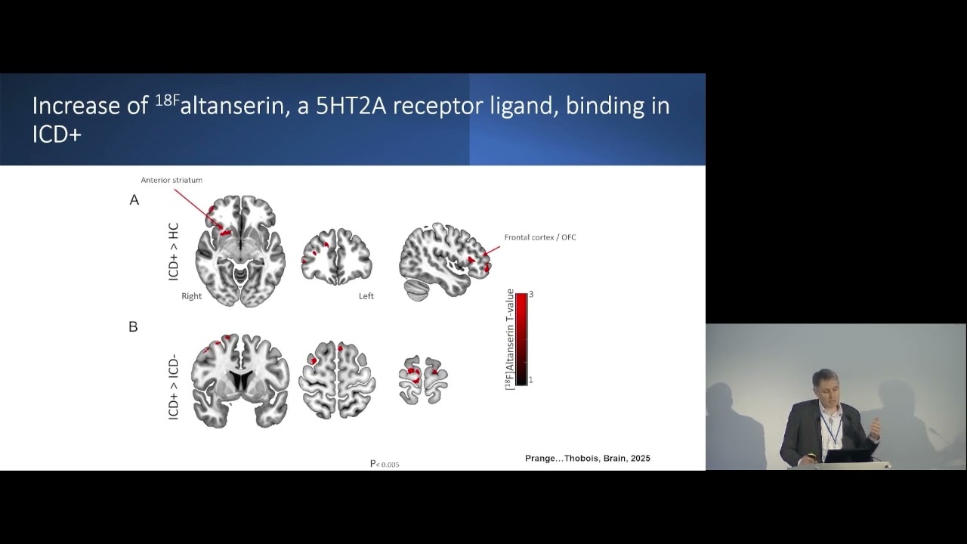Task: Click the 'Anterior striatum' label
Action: [171, 180]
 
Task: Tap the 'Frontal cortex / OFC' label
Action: [539, 237]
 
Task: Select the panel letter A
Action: [134, 200]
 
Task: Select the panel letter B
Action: [134, 327]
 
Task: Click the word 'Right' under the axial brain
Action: [191, 296]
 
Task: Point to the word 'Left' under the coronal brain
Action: [366, 296]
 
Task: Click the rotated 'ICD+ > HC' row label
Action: [174, 252]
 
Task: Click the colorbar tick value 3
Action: [531, 294]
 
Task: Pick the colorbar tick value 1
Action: [530, 380]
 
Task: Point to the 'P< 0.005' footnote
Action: [385, 464]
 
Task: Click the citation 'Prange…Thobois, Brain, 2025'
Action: [587, 459]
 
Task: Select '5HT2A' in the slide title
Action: [351, 107]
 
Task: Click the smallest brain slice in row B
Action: [423, 379]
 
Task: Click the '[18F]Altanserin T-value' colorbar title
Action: [510, 338]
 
